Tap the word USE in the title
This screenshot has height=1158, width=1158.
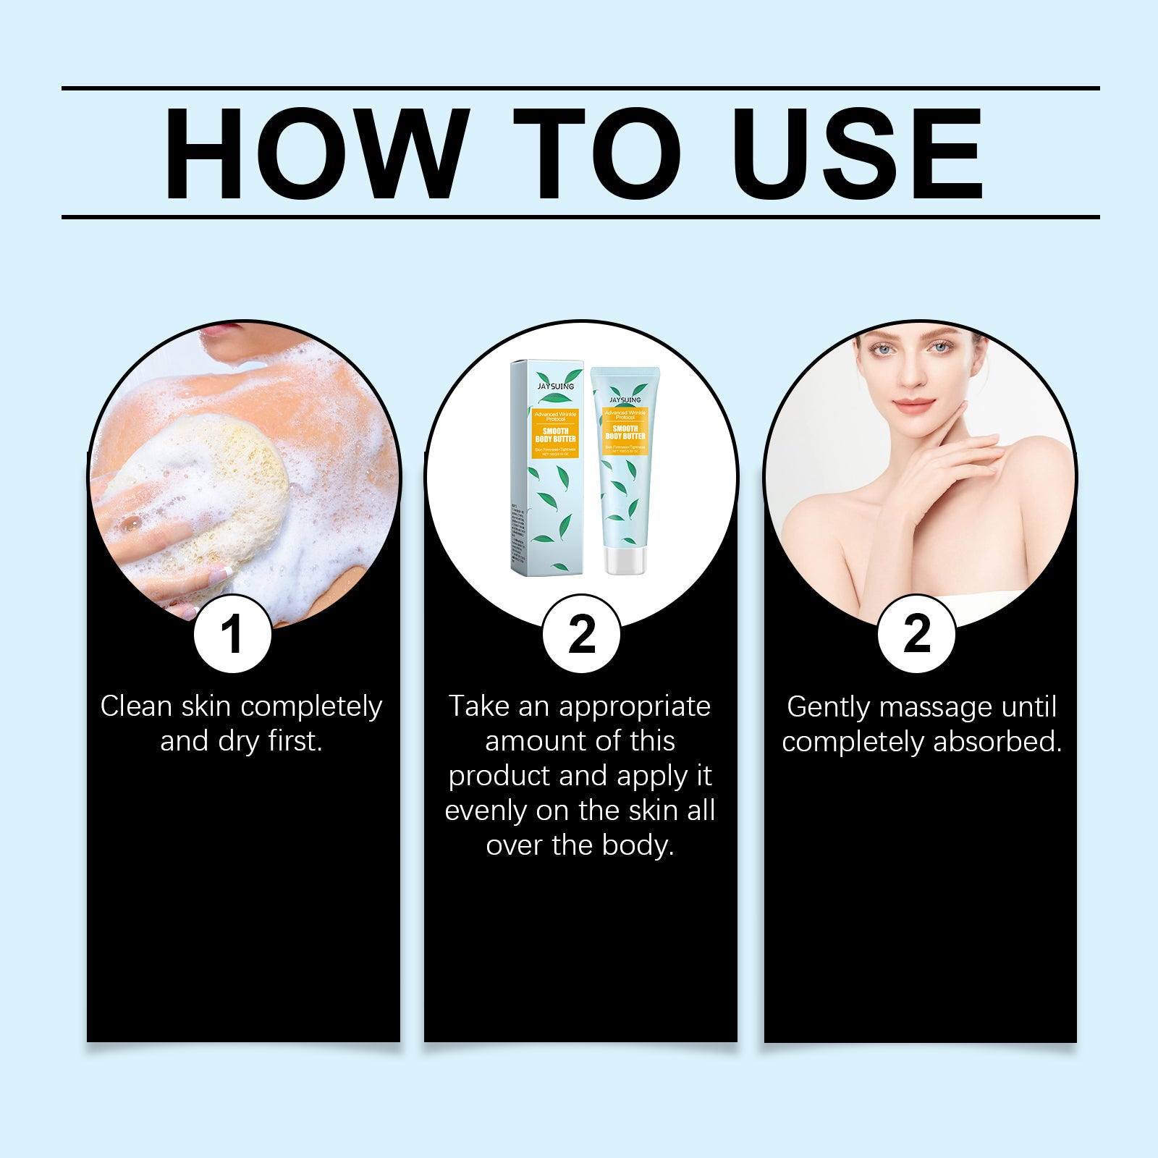point(858,153)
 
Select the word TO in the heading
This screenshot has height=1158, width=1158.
point(597,153)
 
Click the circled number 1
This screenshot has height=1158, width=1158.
point(232,635)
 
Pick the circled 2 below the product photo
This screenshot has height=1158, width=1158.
point(581,635)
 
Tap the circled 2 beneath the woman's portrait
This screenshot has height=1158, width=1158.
point(916,635)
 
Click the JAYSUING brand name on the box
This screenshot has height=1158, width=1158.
point(555,386)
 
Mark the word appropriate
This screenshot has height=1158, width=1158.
point(634,706)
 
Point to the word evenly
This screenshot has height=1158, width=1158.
point(485,811)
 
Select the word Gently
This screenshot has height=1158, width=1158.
point(828,707)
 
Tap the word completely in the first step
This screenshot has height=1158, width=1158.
point(312,707)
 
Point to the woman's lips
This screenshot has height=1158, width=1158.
point(915,404)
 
